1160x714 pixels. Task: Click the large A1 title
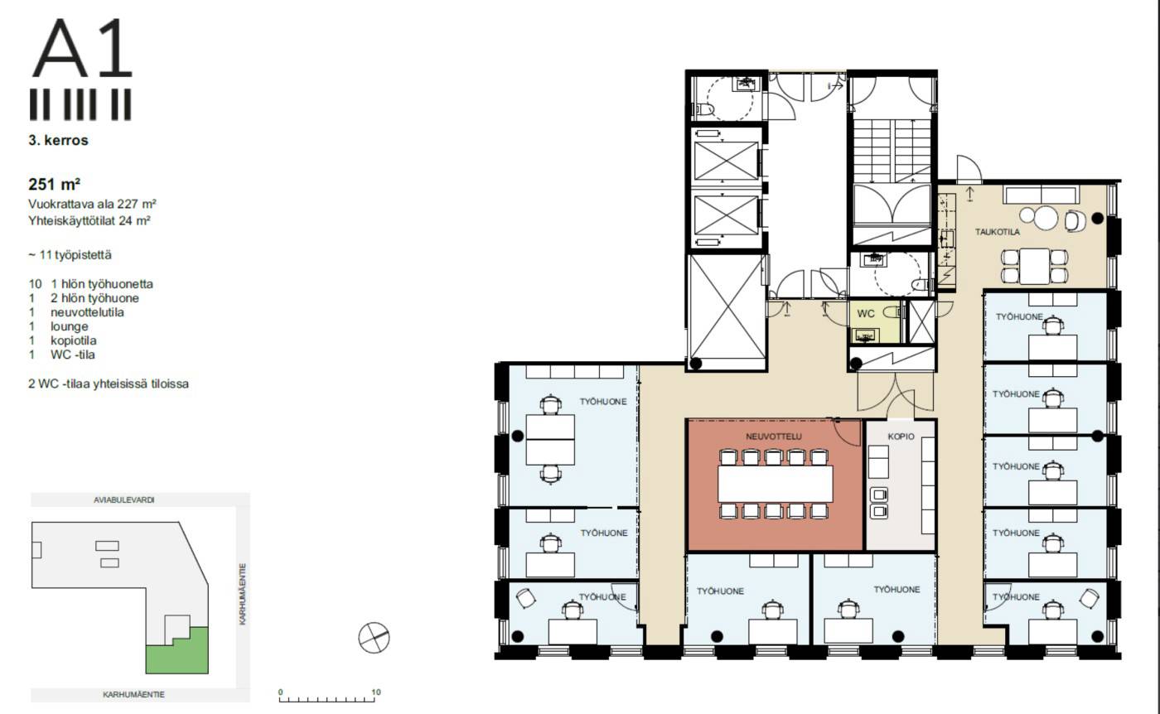(83, 48)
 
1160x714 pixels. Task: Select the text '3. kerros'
(59, 140)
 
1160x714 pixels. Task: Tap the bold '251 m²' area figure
(55, 184)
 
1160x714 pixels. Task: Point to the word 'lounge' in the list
(70, 326)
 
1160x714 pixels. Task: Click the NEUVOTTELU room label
(773, 437)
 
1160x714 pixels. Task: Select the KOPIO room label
(901, 437)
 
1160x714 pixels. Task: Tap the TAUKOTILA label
(998, 232)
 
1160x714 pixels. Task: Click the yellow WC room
(875, 321)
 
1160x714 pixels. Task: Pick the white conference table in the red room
(776, 484)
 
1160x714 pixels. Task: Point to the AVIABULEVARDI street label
(124, 500)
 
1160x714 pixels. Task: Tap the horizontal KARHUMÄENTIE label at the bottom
(133, 694)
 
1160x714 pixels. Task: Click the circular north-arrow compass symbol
(374, 637)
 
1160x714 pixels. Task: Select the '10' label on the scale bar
(376, 692)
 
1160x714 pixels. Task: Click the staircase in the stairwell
(892, 151)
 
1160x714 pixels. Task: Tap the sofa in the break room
(1042, 195)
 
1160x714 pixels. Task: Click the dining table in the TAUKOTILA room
(1034, 266)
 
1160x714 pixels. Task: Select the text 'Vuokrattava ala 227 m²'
(92, 204)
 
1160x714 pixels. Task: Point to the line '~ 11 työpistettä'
(70, 255)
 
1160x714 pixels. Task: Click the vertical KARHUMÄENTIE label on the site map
(243, 594)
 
